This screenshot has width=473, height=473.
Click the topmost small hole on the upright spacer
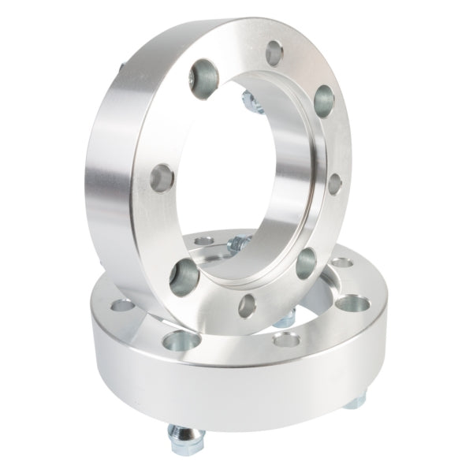[273, 52]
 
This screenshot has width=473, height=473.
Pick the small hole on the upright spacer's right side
[334, 182]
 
